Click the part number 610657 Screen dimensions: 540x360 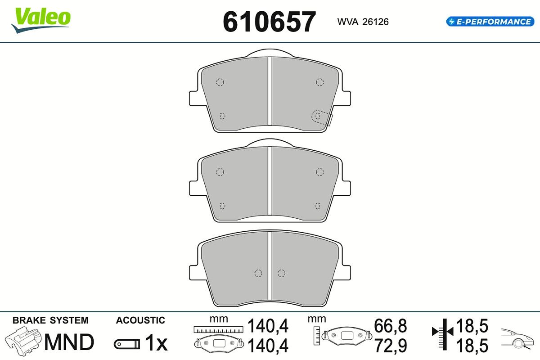[269, 22]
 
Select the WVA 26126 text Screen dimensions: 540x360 [363, 22]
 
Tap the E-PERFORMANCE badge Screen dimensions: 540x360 [490, 22]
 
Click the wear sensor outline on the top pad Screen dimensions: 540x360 [322, 118]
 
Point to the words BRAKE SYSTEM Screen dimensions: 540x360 [50, 320]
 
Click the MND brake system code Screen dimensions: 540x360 [69, 342]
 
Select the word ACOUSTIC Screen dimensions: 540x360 [140, 320]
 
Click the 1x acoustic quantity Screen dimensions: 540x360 [156, 343]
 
